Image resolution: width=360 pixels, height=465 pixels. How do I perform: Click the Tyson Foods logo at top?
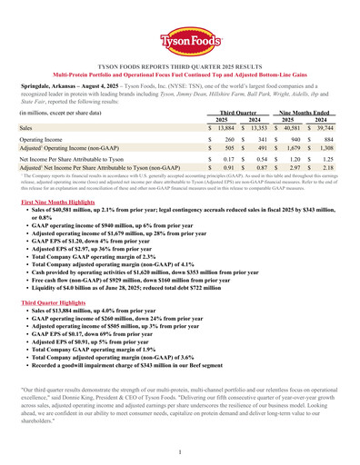(179, 41)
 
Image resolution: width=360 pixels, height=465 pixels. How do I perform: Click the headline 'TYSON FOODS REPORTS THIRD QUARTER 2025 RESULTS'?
(179, 66)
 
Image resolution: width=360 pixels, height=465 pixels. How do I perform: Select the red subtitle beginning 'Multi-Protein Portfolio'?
(179, 74)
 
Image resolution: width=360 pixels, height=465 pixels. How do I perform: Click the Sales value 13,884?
(223, 130)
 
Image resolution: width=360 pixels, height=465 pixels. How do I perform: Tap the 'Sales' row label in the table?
(29, 130)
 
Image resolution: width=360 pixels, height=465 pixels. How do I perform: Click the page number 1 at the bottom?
(180, 451)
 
